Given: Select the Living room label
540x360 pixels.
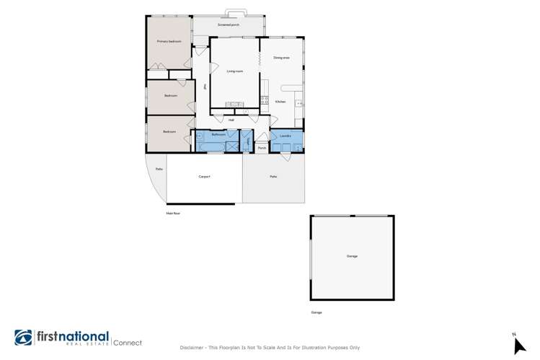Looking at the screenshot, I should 234,71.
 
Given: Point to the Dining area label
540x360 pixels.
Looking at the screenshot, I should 281,57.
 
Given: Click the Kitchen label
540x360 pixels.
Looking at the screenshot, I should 280,102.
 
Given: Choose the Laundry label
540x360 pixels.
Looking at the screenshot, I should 285,135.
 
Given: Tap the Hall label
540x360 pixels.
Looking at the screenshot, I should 231,120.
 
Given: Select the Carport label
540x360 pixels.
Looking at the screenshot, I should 204,176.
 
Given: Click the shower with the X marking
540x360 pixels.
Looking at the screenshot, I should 231,146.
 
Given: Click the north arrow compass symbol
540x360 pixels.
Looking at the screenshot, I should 518,345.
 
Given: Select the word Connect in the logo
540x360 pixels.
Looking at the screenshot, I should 127,342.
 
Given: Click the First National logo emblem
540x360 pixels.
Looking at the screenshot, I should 24,338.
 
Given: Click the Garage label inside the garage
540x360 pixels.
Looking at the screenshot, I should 352,256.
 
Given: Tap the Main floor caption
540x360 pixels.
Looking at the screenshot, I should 172,214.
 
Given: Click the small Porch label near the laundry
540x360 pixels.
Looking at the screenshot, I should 262,148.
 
